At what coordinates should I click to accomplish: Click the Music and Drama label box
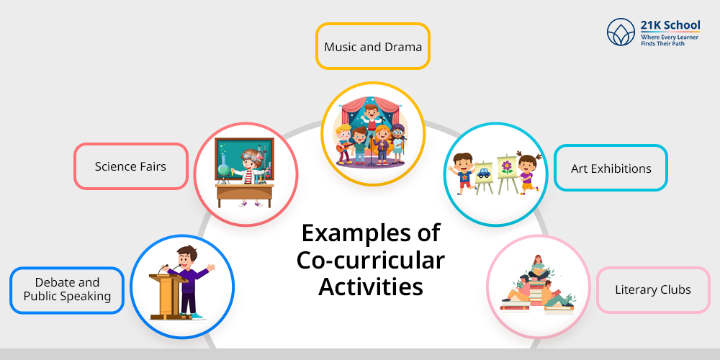372,46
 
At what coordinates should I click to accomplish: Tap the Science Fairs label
131,166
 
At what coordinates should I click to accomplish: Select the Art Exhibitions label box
611,168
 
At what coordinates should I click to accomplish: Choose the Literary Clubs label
653,290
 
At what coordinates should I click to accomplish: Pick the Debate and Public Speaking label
67,290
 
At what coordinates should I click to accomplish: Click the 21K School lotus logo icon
621,32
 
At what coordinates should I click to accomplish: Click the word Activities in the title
371,287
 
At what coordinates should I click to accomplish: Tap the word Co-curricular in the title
371,261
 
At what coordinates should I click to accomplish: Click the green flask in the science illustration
224,165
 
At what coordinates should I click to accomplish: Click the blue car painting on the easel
484,174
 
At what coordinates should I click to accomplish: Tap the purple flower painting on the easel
506,167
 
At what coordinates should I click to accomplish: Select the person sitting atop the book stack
537,268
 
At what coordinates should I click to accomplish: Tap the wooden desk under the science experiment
245,195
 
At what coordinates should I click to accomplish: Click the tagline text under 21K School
670,40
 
